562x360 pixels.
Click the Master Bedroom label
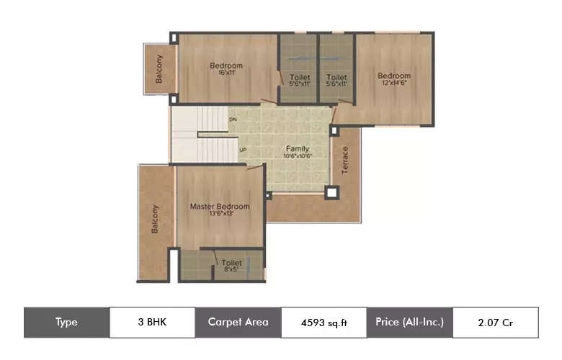click(x=220, y=207)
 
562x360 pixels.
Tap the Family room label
click(x=298, y=149)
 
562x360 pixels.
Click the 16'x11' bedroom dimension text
click(x=226, y=73)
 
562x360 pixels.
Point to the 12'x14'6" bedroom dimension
click(x=394, y=83)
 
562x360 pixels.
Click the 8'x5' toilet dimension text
click(x=231, y=271)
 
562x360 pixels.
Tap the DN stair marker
click(x=233, y=119)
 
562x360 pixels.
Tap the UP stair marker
click(x=244, y=150)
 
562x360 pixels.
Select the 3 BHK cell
click(x=152, y=323)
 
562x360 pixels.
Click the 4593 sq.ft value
click(x=324, y=323)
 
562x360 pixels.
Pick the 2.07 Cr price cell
click(x=495, y=323)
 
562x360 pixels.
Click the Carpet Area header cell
click(x=238, y=323)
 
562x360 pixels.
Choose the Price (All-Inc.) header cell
click(x=409, y=323)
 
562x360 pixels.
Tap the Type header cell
click(x=67, y=323)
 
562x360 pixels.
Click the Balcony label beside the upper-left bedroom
click(x=159, y=69)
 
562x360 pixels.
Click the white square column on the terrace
click(x=331, y=192)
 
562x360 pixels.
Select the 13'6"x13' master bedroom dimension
click(x=220, y=215)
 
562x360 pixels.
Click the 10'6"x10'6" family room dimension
click(x=298, y=156)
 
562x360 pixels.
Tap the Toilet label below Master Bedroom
click(x=231, y=263)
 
